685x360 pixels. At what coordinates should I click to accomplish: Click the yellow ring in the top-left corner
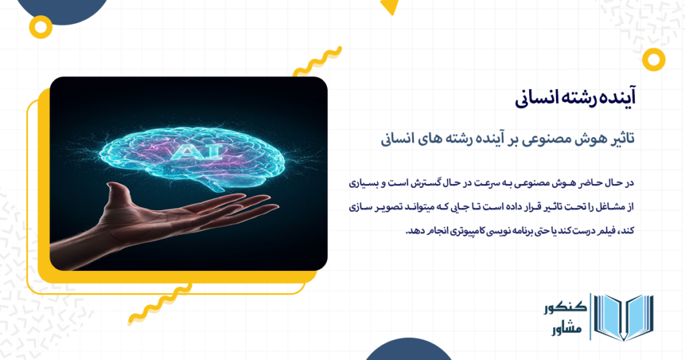[41, 27]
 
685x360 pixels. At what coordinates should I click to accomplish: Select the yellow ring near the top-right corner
[654, 59]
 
